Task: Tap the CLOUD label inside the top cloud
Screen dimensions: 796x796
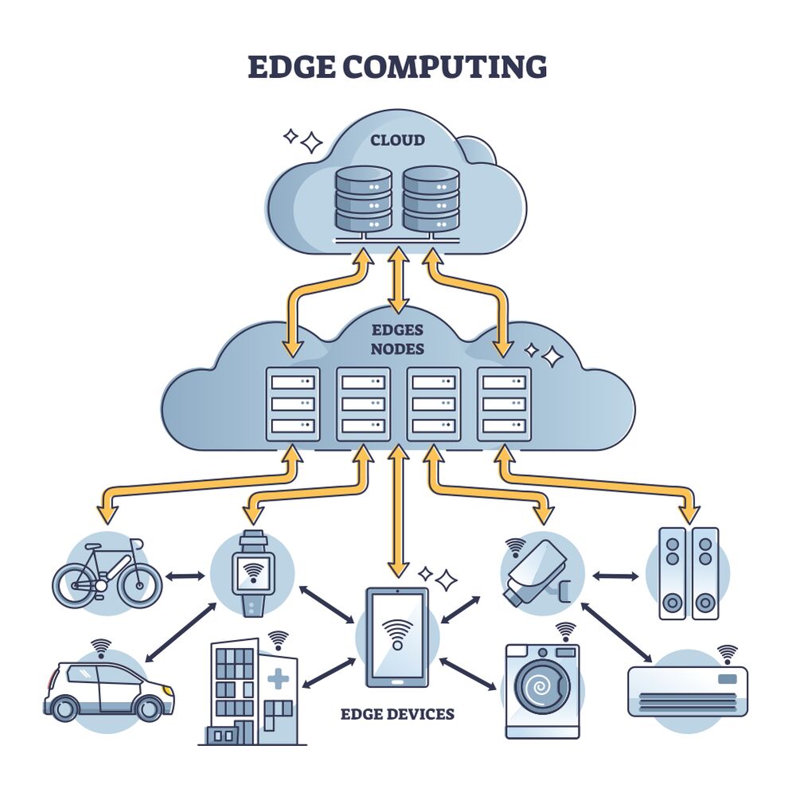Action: point(397,141)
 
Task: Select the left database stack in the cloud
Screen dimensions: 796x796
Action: point(363,199)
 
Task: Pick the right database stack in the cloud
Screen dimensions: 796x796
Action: point(431,199)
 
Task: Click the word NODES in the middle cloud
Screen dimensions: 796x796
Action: point(397,349)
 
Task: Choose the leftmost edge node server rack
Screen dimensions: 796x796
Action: point(293,404)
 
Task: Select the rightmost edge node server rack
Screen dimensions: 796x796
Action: point(504,404)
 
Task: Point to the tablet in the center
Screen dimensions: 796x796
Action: point(396,637)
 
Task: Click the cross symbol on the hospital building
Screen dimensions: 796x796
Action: point(278,680)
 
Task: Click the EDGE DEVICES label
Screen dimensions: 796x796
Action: point(397,714)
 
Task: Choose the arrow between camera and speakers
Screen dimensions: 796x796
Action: point(615,575)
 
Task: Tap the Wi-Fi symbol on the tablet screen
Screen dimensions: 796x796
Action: point(396,633)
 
